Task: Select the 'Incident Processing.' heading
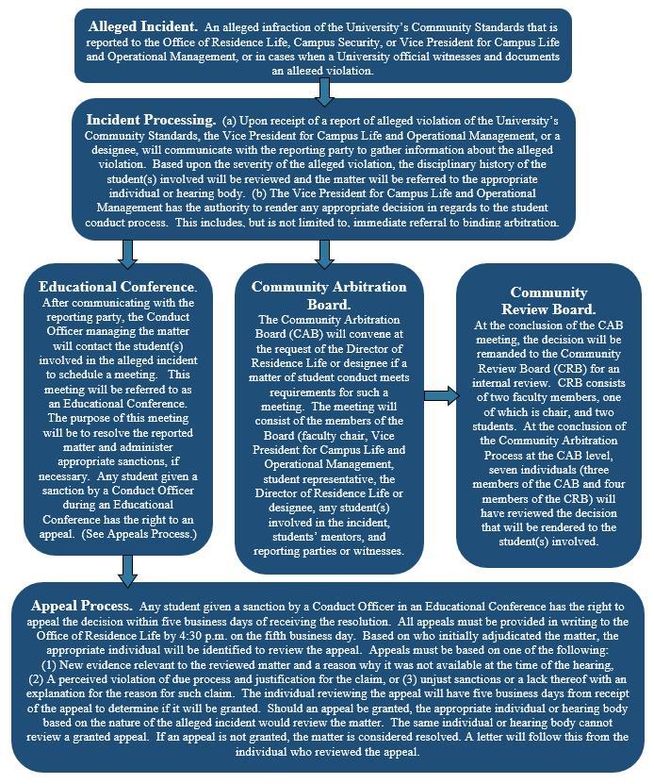pyautogui.click(x=151, y=120)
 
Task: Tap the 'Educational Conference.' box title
pyautogui.click(x=118, y=286)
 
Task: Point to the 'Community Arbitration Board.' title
pyautogui.click(x=329, y=294)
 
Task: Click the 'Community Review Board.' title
pyautogui.click(x=548, y=300)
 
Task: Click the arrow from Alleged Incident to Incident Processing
pyautogui.click(x=324, y=91)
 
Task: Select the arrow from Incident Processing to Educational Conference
pyautogui.click(x=129, y=252)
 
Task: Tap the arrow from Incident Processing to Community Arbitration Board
pyautogui.click(x=324, y=252)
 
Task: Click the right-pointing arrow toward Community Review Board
pyautogui.click(x=440, y=394)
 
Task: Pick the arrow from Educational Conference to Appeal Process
pyautogui.click(x=129, y=569)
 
